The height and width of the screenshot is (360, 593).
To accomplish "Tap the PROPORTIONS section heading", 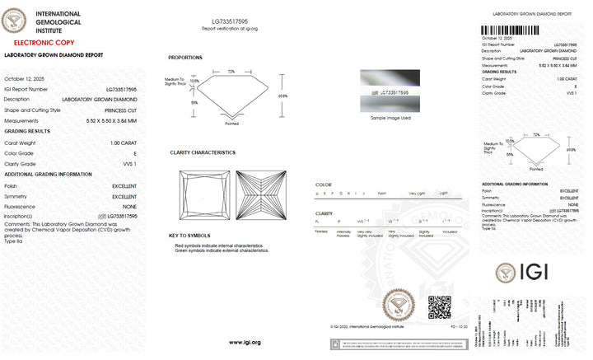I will [185, 57].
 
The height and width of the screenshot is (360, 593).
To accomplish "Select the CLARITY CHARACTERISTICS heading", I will [203, 152].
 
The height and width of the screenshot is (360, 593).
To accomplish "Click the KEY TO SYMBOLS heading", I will [190, 236].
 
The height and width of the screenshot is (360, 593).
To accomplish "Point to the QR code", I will [439, 307].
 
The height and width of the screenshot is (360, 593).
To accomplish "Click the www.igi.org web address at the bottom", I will [245, 342].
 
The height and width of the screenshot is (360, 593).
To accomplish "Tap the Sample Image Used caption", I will [390, 118].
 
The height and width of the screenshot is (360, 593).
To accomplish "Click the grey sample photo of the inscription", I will [390, 91].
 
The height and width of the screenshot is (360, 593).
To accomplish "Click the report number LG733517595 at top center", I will [230, 21].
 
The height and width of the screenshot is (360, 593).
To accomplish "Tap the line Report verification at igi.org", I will [230, 28].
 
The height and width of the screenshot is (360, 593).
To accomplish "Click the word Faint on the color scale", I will [381, 193].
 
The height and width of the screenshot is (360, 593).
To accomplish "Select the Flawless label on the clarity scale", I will [322, 231].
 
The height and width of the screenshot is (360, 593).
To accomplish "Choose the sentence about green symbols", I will [222, 250].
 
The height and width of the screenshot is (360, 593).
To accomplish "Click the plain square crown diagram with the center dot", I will [205, 195].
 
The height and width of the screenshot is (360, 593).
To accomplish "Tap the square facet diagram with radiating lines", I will [259, 195].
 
